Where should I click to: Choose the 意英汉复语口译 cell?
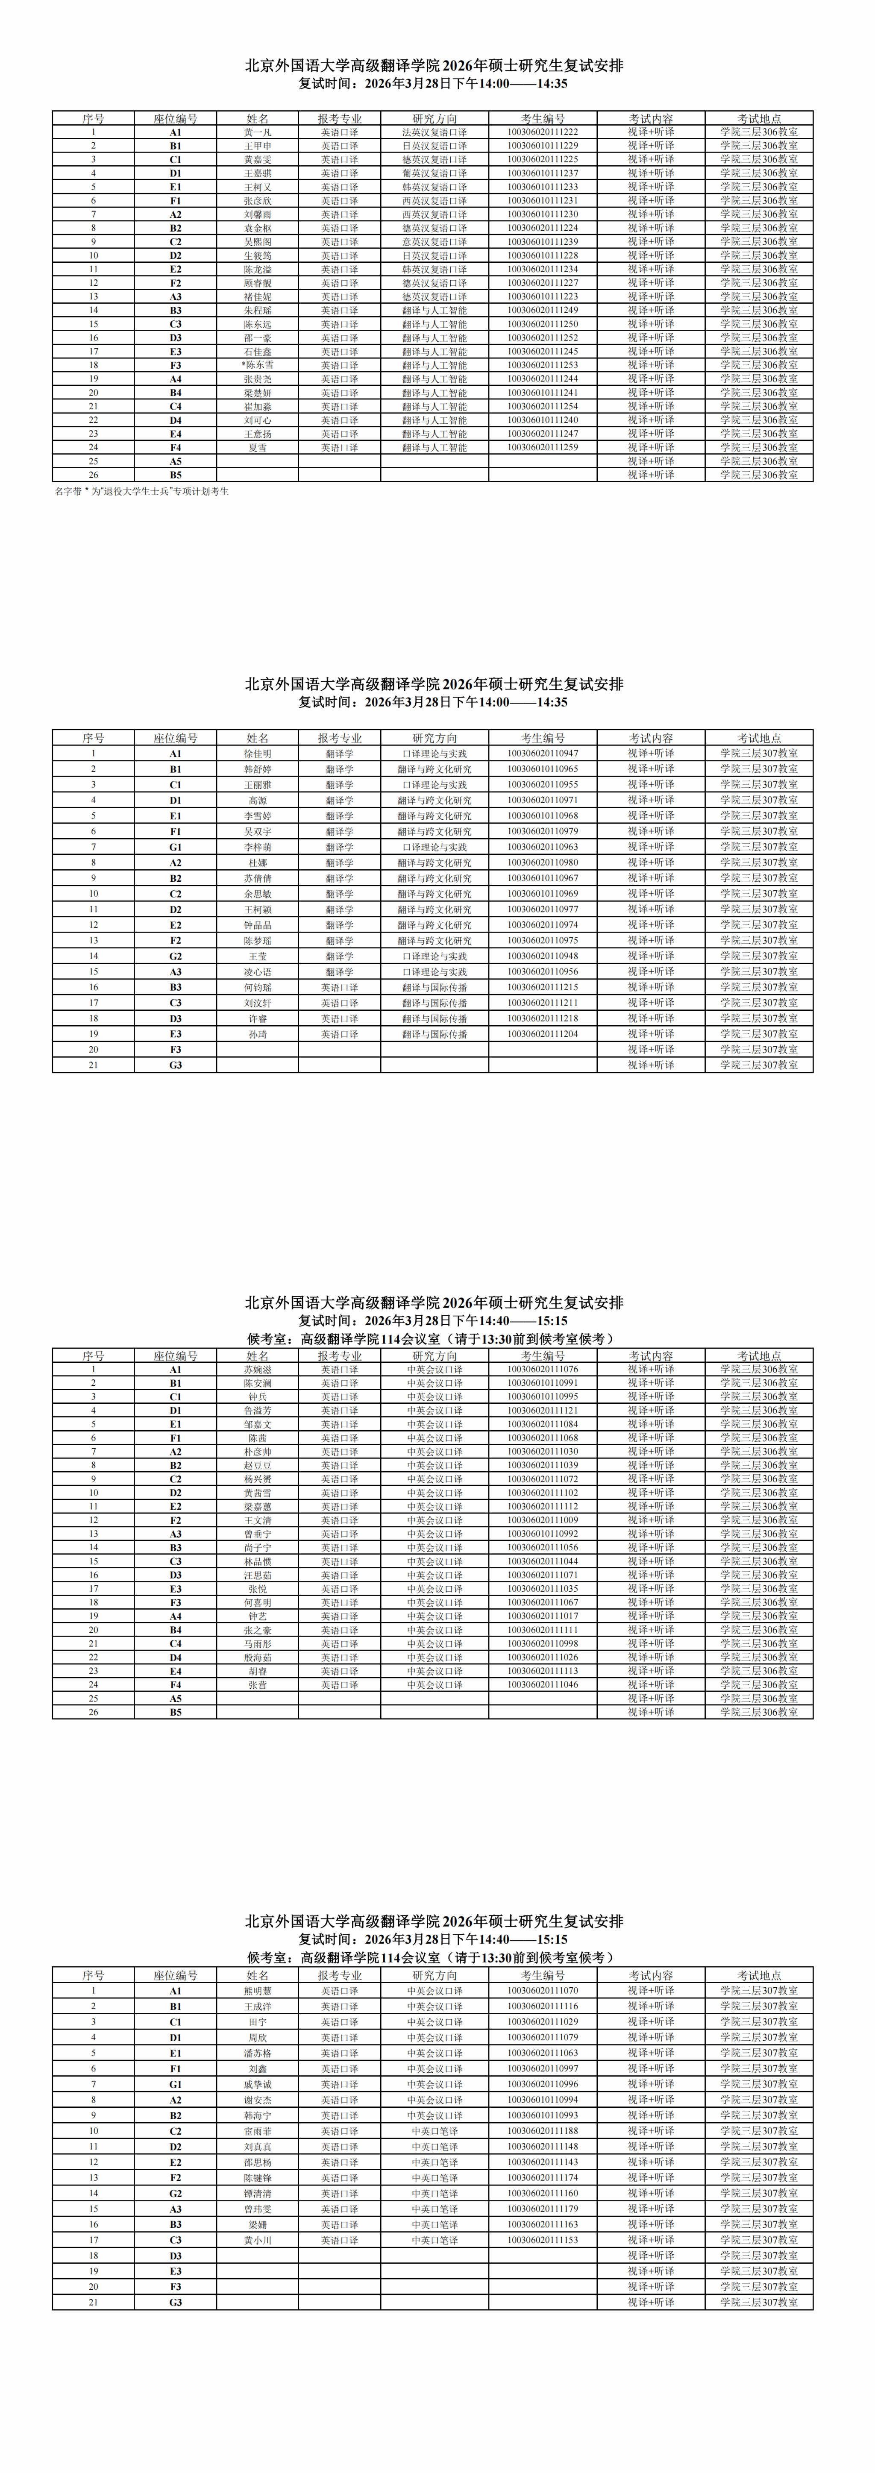[434, 242]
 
